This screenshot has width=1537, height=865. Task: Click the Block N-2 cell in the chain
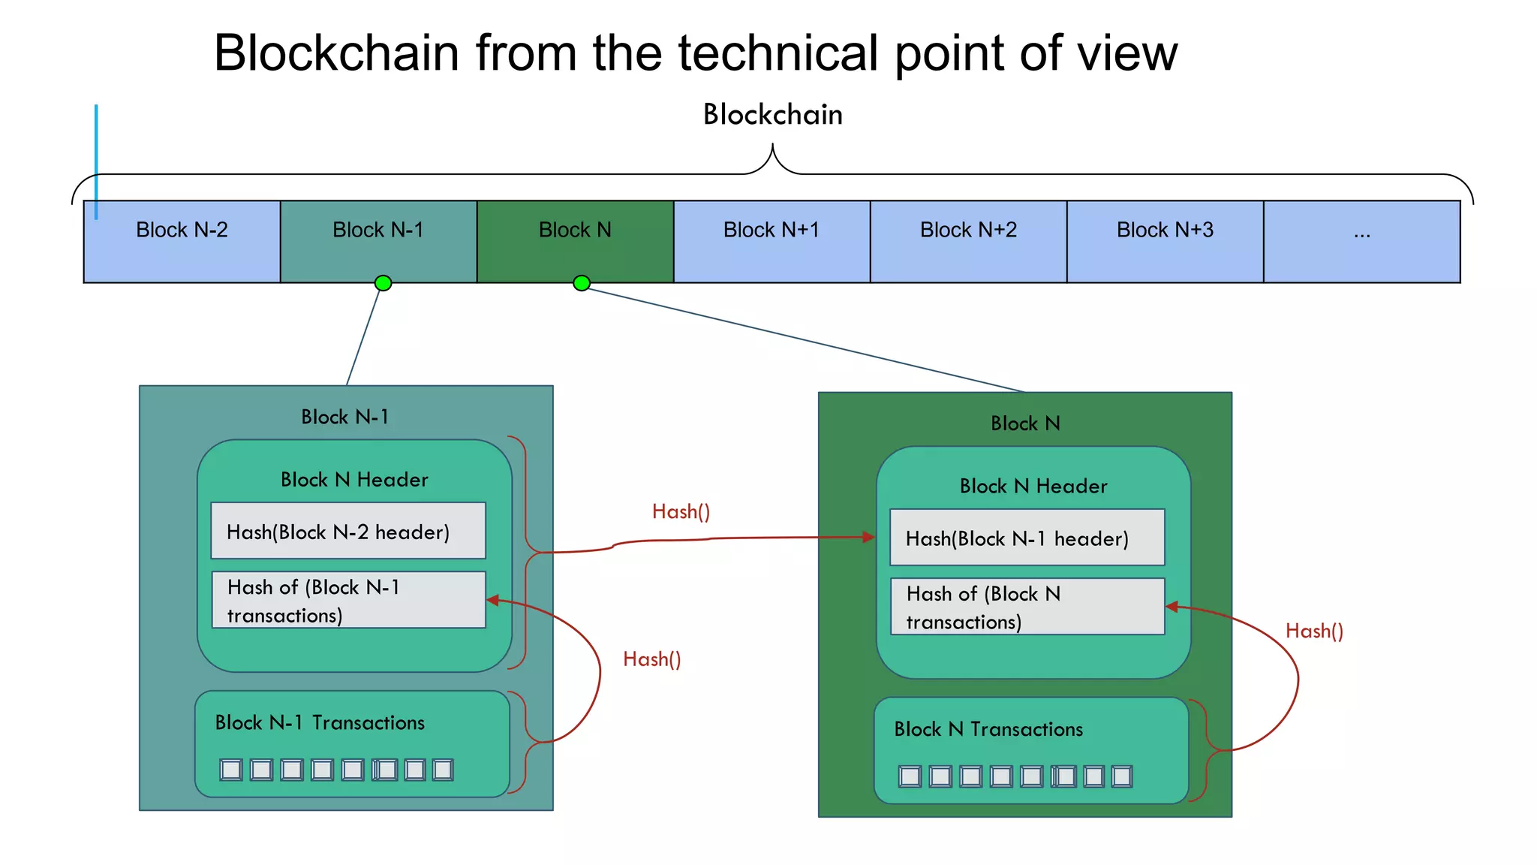182,241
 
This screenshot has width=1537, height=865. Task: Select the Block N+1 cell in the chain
772,241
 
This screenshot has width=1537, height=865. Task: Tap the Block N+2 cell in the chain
968,241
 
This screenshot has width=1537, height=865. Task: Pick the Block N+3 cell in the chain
1165,241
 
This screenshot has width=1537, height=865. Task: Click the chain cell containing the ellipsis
1361,241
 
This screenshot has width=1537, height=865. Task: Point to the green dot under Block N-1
383,283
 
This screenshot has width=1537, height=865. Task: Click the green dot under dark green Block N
581,283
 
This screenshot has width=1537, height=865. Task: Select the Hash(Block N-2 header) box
348,531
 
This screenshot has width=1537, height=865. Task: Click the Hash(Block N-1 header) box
1027,538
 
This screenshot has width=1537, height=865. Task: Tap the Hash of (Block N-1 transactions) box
348,600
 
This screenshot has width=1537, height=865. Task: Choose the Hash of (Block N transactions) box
1027,607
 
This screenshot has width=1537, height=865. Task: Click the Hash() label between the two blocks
681,512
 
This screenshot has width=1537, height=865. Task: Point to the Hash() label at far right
1314,631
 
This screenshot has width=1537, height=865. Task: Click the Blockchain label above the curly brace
772,115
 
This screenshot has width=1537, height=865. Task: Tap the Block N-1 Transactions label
320,722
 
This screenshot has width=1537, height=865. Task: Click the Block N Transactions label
988,729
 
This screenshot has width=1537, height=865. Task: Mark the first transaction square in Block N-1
231,770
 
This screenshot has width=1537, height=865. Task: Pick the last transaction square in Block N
1121,776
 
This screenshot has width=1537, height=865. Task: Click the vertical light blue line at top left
96,161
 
